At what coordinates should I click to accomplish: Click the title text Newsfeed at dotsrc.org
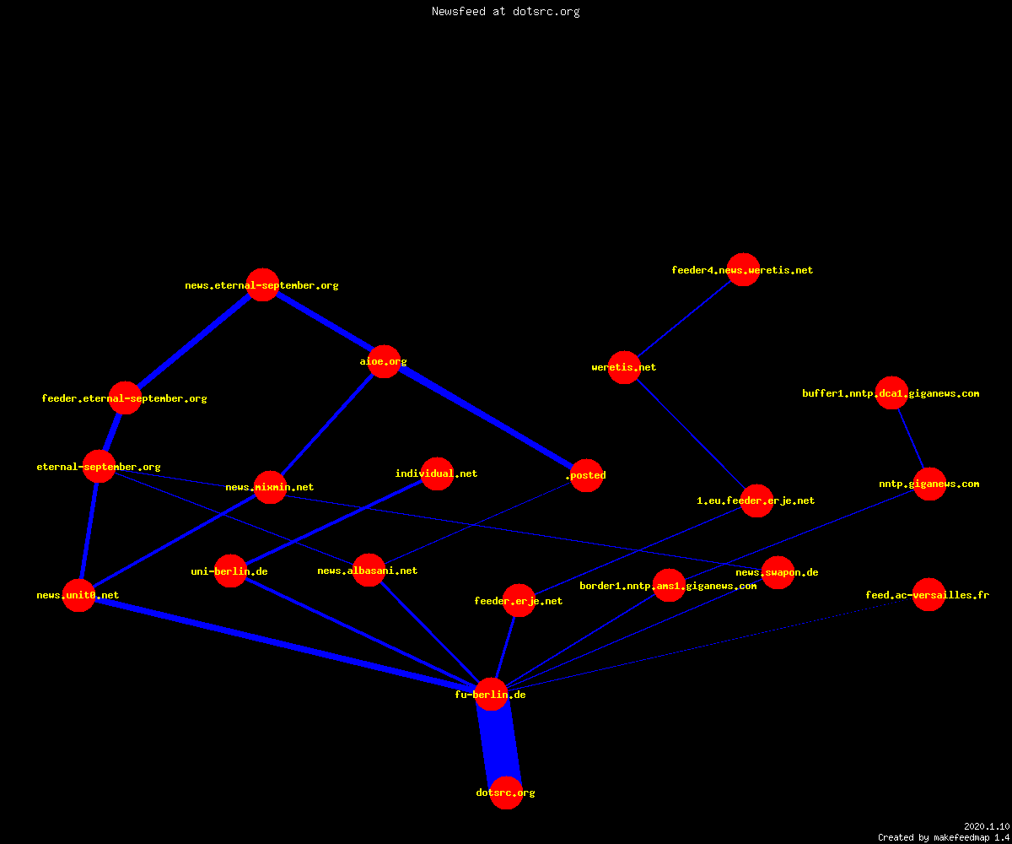[x=505, y=11]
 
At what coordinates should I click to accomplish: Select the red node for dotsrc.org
[x=506, y=793]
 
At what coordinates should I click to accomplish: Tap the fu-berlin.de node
[x=491, y=694]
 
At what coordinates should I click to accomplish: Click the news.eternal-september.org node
[x=262, y=284]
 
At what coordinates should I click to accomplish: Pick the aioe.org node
[x=384, y=361]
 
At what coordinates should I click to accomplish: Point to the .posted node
[x=586, y=475]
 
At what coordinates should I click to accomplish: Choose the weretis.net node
[x=624, y=367]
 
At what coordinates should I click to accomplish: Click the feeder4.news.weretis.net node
[x=743, y=270]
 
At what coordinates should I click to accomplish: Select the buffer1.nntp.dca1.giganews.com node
[x=891, y=393]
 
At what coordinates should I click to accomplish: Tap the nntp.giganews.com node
[x=929, y=484]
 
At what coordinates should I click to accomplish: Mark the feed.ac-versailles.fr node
[x=929, y=595]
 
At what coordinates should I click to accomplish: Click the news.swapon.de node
[x=778, y=572]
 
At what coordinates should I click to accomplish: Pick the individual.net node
[x=437, y=473]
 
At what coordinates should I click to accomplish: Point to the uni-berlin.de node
[x=230, y=571]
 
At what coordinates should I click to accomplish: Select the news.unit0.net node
[x=78, y=595]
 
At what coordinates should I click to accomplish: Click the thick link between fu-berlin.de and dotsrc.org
[x=498, y=744]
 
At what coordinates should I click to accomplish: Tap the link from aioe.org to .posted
[x=485, y=418]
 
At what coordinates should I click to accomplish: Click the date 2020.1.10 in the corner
[x=987, y=826]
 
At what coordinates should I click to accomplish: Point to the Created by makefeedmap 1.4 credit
[x=944, y=837]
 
